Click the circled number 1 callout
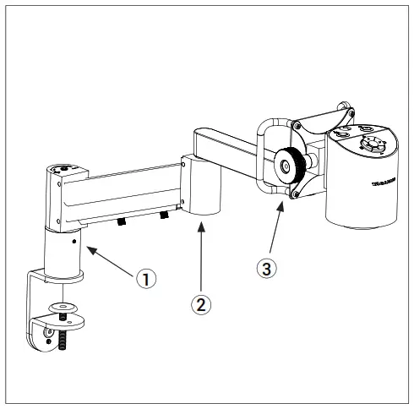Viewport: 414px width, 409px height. pos(146,278)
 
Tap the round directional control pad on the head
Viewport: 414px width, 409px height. pos(370,145)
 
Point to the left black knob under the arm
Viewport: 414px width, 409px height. pos(122,222)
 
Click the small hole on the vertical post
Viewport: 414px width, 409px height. pos(75,242)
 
